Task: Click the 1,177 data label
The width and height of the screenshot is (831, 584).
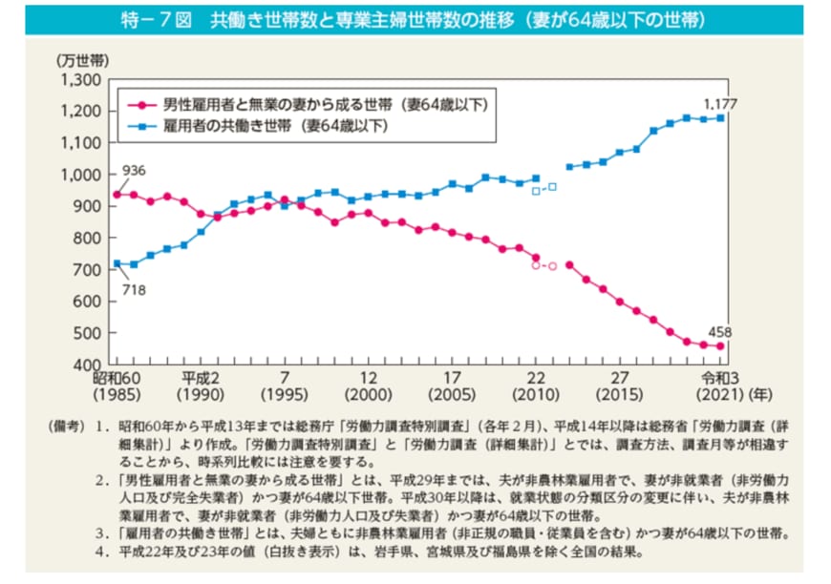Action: pos(720,102)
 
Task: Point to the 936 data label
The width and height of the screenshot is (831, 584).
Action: pos(134,171)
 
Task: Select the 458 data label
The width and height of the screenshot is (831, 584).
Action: pos(720,331)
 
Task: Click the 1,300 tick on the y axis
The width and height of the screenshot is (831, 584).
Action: pos(79,79)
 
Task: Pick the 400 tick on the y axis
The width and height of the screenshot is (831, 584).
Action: pos(87,365)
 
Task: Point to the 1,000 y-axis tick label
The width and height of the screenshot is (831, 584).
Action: pos(79,175)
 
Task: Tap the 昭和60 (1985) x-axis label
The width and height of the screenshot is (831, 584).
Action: pos(117,386)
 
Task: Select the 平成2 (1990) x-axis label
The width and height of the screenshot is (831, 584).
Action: pos(201,386)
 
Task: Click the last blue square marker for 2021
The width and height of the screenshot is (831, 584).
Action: pos(720,117)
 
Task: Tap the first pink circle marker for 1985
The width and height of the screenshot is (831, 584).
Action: pos(117,195)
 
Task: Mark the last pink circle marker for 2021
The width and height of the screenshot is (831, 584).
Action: pos(720,346)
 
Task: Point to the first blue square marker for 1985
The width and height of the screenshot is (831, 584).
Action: pos(117,263)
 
